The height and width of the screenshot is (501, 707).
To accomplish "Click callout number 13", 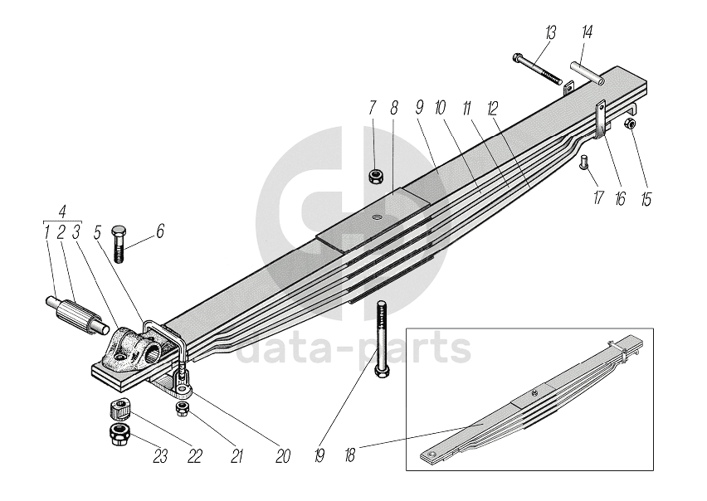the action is pos(551,32).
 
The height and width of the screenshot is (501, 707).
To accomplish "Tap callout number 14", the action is pos(587,32).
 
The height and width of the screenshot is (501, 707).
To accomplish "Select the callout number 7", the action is pos(373,107).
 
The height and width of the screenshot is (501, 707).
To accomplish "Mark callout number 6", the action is pos(160,231).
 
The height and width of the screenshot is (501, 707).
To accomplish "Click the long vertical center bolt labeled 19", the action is pos(381,341).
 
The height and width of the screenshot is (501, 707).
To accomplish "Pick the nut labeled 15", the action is pos(630,124).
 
